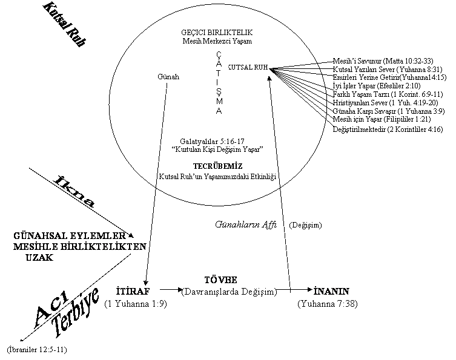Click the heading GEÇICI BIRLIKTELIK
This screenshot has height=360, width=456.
(x=217, y=32)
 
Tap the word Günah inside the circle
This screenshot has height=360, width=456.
(x=168, y=77)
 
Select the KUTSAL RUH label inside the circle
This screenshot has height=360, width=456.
(x=248, y=67)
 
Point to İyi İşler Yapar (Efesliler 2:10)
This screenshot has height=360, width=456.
(x=377, y=86)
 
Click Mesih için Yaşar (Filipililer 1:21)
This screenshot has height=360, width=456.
(x=382, y=119)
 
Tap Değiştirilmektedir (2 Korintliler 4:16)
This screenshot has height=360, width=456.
(x=388, y=129)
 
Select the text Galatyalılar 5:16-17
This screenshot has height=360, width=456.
(x=212, y=142)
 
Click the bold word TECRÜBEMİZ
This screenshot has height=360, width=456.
(x=218, y=166)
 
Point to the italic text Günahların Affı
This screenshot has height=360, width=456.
(x=246, y=224)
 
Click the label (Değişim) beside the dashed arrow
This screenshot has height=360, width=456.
(x=305, y=225)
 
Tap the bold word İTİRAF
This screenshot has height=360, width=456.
(x=133, y=291)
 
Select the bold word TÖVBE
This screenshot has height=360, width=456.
(x=220, y=280)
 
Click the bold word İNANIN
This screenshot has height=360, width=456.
(x=331, y=291)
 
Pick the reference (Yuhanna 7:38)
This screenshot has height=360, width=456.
(x=328, y=304)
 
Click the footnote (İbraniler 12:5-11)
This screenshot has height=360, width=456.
(x=37, y=349)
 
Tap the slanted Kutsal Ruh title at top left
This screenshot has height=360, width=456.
(x=65, y=24)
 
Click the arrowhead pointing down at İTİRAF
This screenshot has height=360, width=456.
(x=146, y=283)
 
